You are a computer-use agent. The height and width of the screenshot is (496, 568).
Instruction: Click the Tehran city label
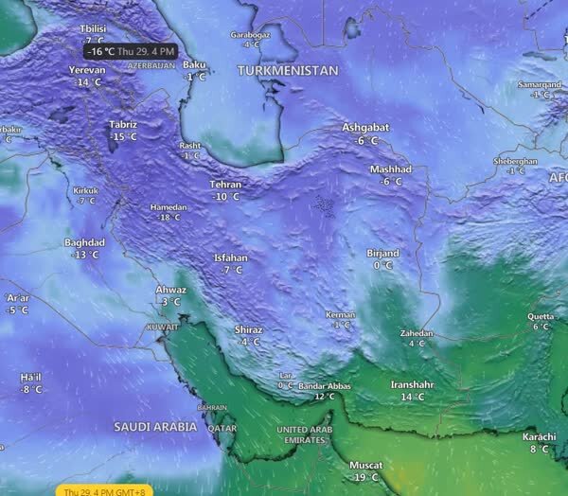click(x=226, y=185)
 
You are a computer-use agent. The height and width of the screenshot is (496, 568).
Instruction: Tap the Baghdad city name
click(x=84, y=242)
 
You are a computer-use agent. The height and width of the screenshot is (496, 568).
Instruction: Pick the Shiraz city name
click(x=249, y=329)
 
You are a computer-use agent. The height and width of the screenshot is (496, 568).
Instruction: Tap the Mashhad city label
click(x=391, y=169)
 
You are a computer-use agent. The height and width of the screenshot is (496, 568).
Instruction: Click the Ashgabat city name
click(x=366, y=128)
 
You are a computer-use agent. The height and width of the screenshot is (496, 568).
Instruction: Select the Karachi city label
click(x=539, y=436)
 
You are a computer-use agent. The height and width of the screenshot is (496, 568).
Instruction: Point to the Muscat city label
click(x=365, y=466)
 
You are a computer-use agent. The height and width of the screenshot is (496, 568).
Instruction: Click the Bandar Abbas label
click(x=325, y=386)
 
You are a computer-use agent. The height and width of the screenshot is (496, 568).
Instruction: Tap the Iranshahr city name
click(x=413, y=385)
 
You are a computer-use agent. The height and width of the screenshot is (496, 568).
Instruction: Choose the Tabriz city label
click(x=123, y=125)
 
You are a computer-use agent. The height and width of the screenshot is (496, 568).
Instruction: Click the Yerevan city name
click(x=88, y=70)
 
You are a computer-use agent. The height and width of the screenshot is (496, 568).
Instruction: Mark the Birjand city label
click(x=383, y=254)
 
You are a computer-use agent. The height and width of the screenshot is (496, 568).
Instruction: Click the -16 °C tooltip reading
click(x=99, y=51)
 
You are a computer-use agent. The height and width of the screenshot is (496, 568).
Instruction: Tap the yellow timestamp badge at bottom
click(x=101, y=490)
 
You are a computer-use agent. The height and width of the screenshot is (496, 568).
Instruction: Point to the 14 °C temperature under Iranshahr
click(x=413, y=398)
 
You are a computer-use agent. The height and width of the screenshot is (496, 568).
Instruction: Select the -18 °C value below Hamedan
click(x=169, y=218)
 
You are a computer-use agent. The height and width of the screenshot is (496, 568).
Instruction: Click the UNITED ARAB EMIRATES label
click(x=306, y=435)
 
